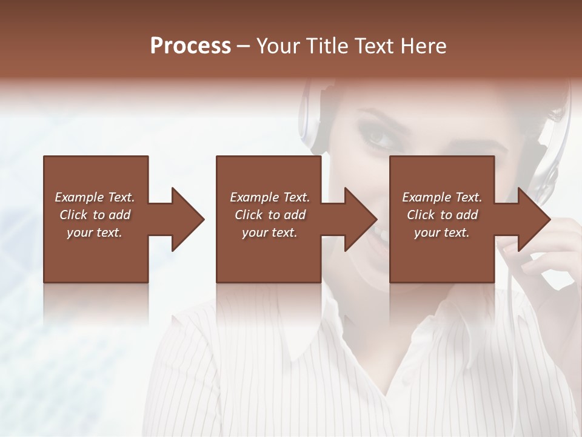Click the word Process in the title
click(x=190, y=46)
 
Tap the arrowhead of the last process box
click(x=533, y=219)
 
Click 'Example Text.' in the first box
click(x=95, y=197)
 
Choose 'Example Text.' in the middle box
click(x=270, y=197)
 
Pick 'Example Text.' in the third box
click(x=442, y=197)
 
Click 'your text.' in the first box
click(x=95, y=232)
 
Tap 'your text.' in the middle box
click(x=270, y=232)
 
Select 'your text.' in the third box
click(x=442, y=232)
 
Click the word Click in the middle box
click(x=249, y=215)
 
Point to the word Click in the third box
click(x=421, y=215)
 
